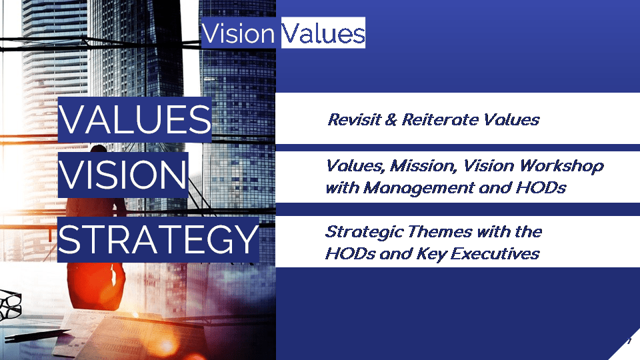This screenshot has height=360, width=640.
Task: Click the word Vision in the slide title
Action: tap(239, 33)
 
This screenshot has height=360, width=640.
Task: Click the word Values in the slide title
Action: tap(323, 33)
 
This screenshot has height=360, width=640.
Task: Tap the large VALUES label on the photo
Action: tap(135, 119)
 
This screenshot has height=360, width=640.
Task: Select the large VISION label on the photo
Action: tap(123, 175)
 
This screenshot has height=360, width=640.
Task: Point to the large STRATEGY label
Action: tap(159, 239)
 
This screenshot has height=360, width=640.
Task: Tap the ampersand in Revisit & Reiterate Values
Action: tap(391, 119)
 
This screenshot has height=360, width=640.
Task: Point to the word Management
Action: tap(419, 188)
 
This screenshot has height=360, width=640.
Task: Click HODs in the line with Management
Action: tap(541, 188)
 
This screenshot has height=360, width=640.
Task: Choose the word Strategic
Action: tap(364, 232)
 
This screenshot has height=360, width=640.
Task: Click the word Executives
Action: tap(495, 254)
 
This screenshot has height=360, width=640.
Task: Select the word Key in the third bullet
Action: tap(431, 255)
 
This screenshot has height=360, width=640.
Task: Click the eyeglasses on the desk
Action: tap(10, 305)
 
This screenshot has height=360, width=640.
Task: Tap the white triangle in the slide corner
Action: tap(627, 348)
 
